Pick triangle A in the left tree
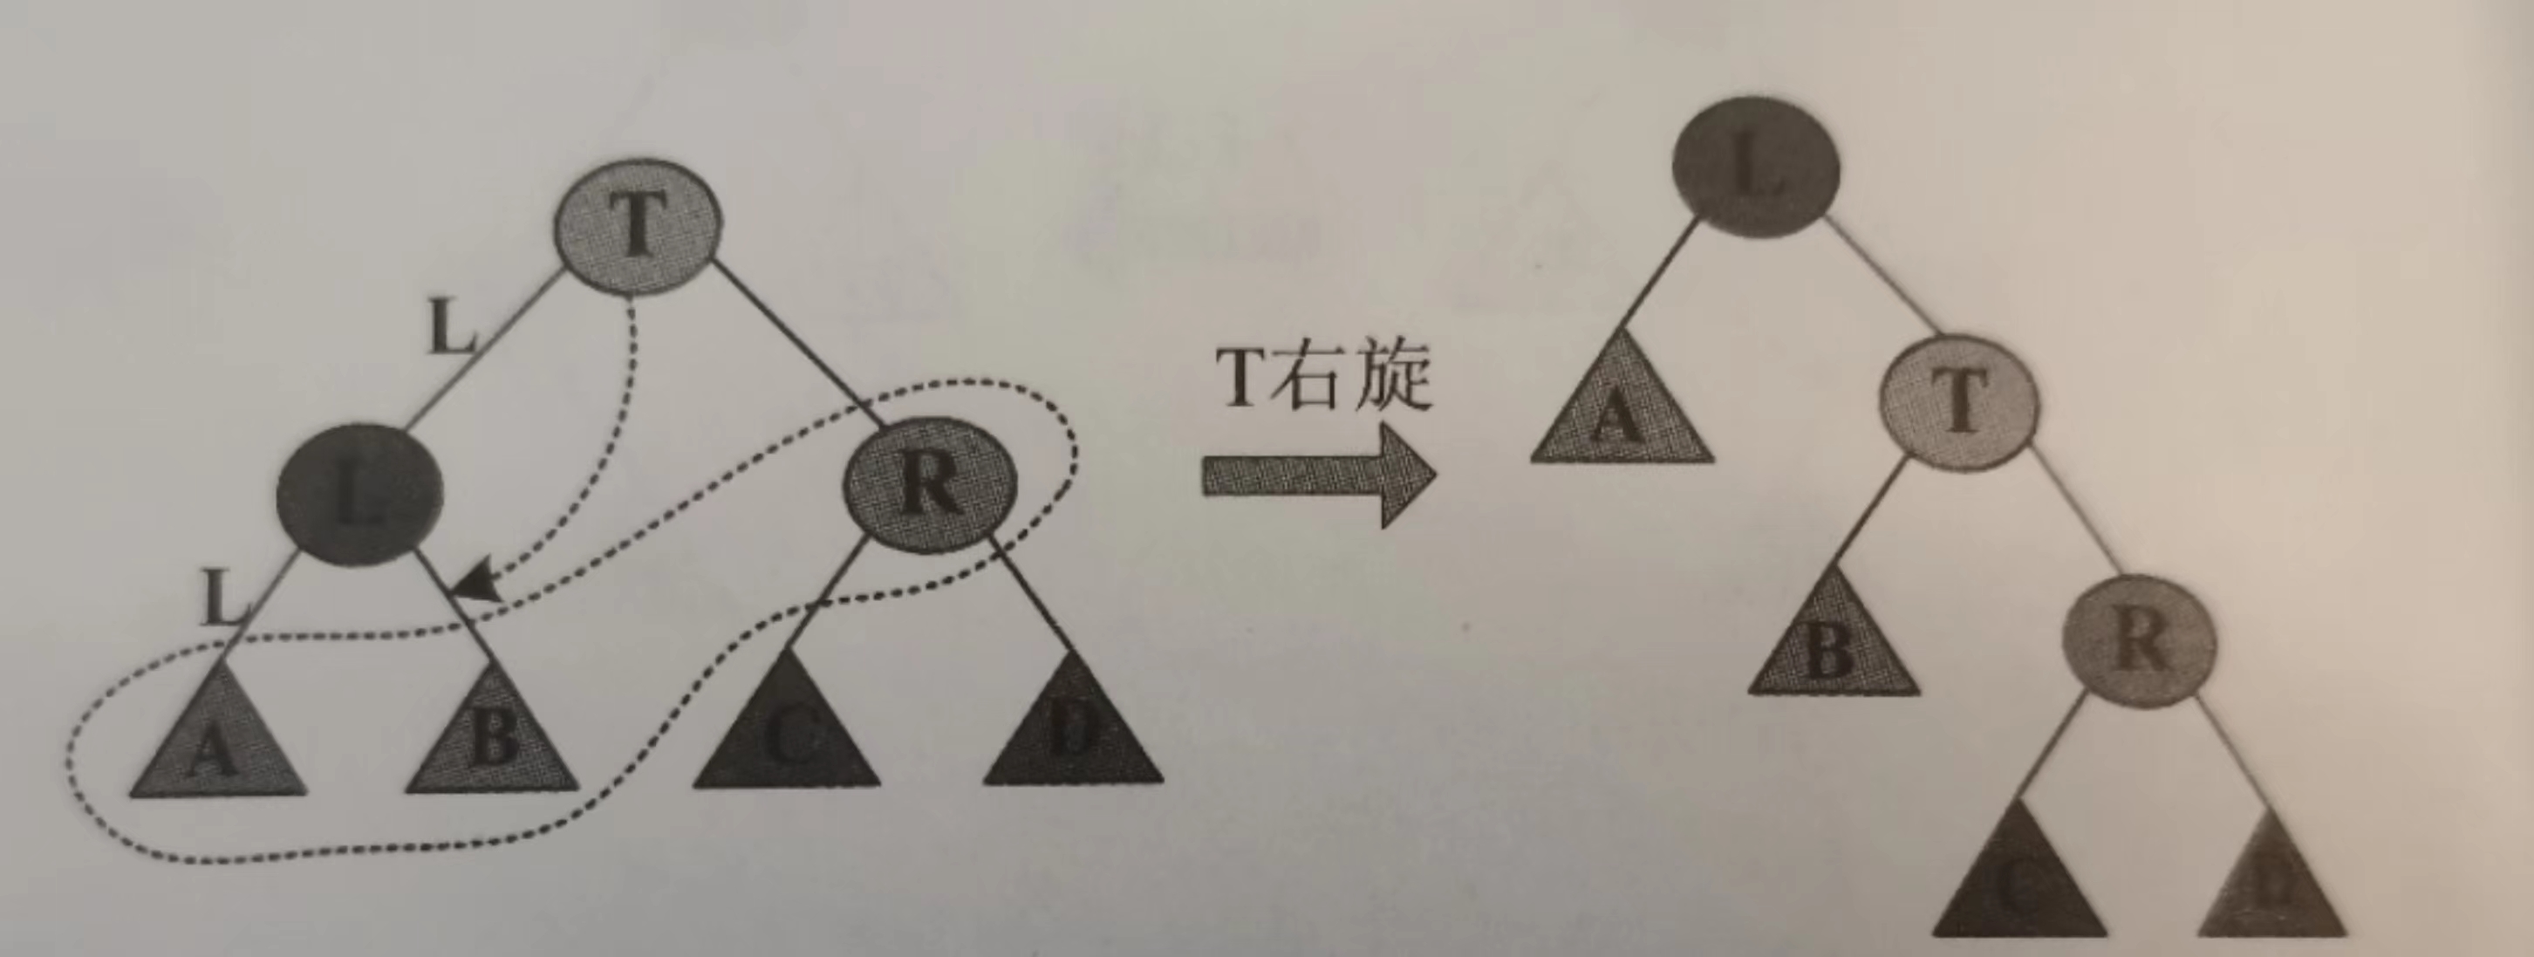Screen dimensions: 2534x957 pos(216,742)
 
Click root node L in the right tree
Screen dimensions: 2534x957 pos(1756,167)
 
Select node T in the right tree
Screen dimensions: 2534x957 pos(1957,403)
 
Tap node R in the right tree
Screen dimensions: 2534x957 pos(2140,639)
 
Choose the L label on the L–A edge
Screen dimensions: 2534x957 pos(222,598)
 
